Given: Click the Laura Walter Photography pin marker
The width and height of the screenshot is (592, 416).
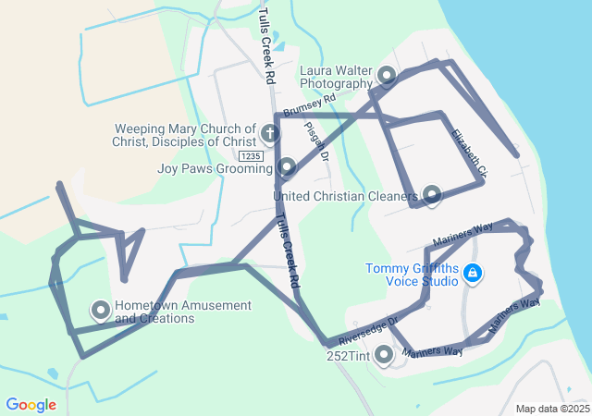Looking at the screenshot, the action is coord(387,75).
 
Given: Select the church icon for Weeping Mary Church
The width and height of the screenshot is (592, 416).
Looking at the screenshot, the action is coord(270,134).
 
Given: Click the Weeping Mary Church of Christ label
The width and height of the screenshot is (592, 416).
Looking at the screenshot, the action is coord(185,135).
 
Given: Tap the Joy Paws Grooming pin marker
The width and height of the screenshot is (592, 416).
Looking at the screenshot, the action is coord(287,167).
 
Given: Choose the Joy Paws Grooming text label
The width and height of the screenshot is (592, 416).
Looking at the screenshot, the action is coord(214,168).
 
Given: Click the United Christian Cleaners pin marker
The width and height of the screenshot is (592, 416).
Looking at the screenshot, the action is coord(431,194).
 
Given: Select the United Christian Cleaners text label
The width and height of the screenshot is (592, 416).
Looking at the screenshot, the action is coord(346,196).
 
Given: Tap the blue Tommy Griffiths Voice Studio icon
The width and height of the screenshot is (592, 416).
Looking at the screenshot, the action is coord(473,273).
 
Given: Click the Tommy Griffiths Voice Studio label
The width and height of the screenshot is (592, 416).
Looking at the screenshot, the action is coord(412,275).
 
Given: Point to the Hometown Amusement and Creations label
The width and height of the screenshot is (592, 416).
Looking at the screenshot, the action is coord(168,312).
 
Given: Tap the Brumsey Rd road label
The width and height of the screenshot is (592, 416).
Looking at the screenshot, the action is coord(310,104).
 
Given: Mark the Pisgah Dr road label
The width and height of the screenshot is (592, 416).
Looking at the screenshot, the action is coord(316,142).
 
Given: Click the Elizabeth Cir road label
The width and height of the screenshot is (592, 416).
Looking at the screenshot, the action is coord(469,153).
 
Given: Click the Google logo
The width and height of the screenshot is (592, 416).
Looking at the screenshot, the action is coord(31,405).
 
